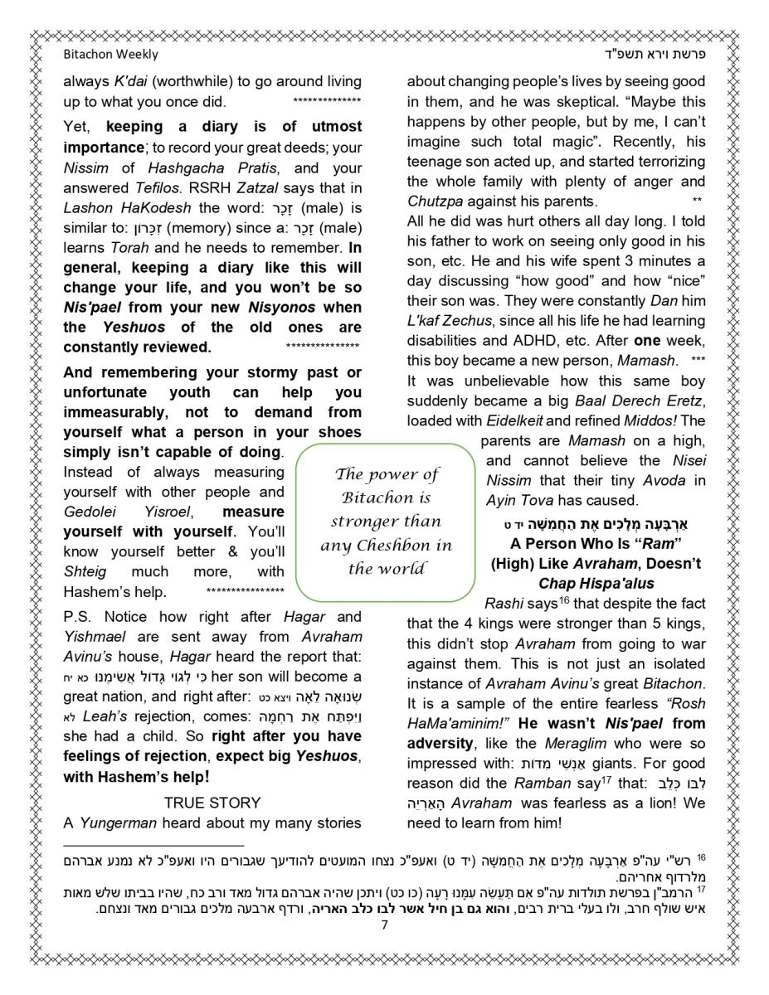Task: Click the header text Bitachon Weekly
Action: point(110,55)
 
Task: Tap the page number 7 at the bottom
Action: point(385,925)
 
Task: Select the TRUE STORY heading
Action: point(212,803)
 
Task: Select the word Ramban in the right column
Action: point(543,783)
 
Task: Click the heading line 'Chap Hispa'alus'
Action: point(596,584)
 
